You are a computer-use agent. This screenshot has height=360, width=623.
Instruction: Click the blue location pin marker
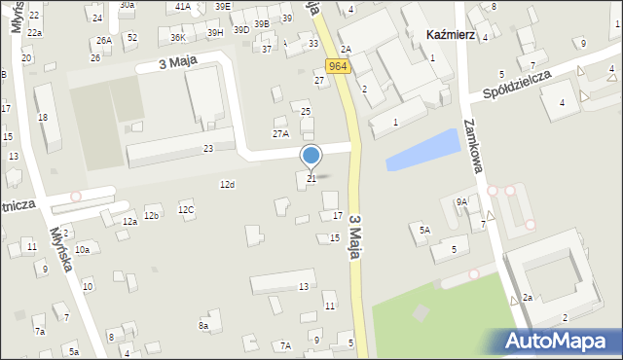[311, 156]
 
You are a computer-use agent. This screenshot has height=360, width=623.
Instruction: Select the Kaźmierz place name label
[451, 34]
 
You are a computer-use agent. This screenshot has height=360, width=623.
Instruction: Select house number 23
[208, 149]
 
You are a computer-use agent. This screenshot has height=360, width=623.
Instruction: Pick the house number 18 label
[42, 117]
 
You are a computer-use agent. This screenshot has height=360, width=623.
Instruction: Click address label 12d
[227, 184]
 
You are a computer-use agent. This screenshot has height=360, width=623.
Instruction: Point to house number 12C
[186, 209]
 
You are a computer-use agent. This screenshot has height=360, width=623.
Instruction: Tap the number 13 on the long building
[304, 286]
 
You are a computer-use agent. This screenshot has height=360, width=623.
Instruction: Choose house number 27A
[280, 133]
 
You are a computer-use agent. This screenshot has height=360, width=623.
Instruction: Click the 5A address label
[424, 230]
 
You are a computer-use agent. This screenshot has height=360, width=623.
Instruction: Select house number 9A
[461, 201]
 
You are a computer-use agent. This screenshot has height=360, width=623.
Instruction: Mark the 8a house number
[203, 325]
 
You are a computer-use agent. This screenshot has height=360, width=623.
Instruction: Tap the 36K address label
[177, 38]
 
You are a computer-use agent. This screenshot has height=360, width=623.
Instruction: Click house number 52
[132, 37]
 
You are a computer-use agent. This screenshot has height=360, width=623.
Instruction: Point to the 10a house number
[83, 250]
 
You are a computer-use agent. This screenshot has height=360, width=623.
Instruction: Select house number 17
[338, 215]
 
